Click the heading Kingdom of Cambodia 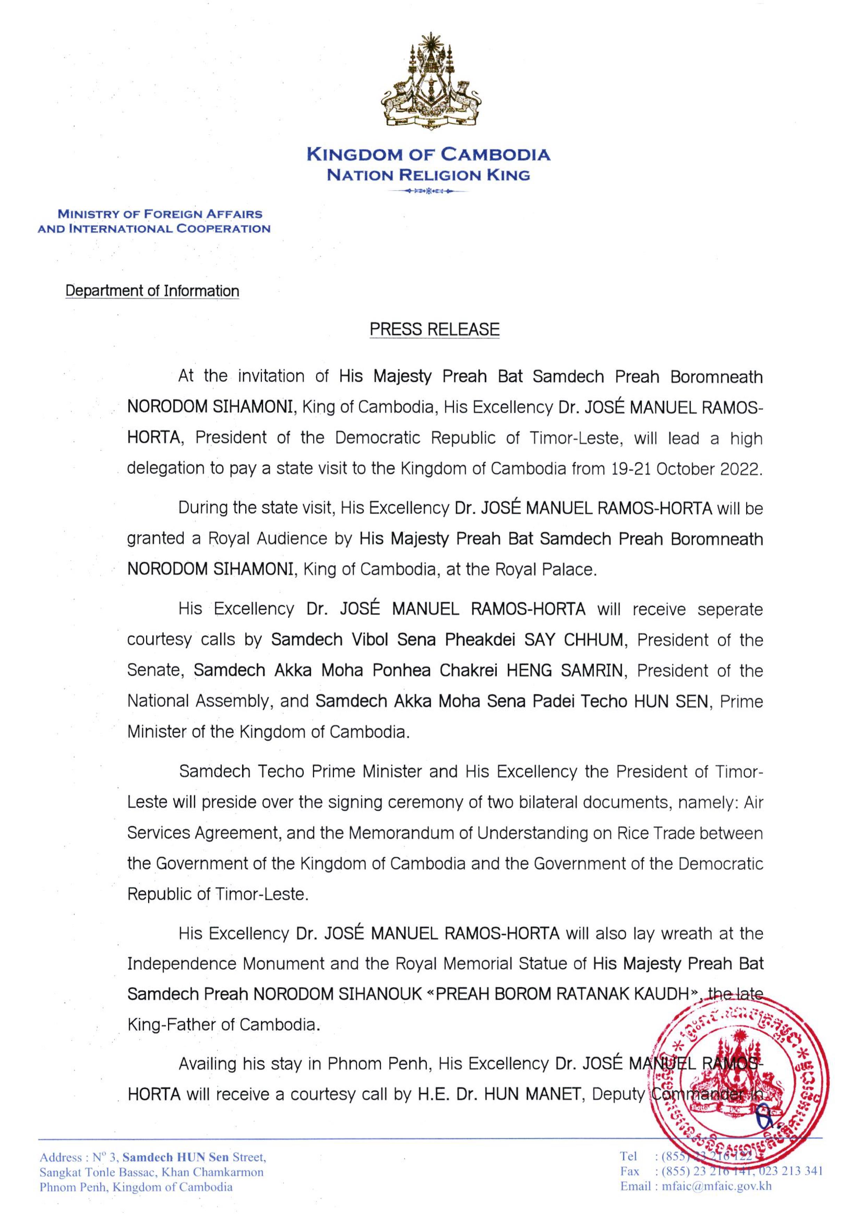pyautogui.click(x=428, y=155)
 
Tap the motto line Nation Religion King pyautogui.click(x=428, y=175)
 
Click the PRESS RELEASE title pyautogui.click(x=434, y=329)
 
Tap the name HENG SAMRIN pyautogui.click(x=564, y=671)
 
